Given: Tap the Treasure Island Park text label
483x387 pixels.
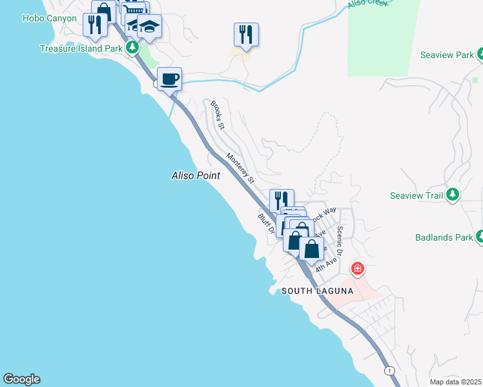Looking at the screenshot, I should pyautogui.click(x=81, y=48).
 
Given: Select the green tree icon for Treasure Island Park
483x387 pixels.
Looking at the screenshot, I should pyautogui.click(x=132, y=47).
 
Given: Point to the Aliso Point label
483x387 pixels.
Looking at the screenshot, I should pyautogui.click(x=196, y=175).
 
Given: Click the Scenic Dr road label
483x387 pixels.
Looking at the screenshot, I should pyautogui.click(x=340, y=239).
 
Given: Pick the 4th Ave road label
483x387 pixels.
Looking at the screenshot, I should pyautogui.click(x=327, y=264).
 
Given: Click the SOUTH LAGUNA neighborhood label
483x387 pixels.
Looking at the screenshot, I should pyautogui.click(x=317, y=291).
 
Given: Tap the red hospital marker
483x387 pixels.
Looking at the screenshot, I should pyautogui.click(x=356, y=268).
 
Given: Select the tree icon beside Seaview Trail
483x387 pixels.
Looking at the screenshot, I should pyautogui.click(x=453, y=193).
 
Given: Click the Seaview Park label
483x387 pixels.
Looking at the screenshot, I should pyautogui.click(x=447, y=55).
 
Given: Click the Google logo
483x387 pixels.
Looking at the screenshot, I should pyautogui.click(x=21, y=379).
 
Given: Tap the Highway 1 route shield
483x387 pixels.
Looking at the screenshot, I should pyautogui.click(x=389, y=370).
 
